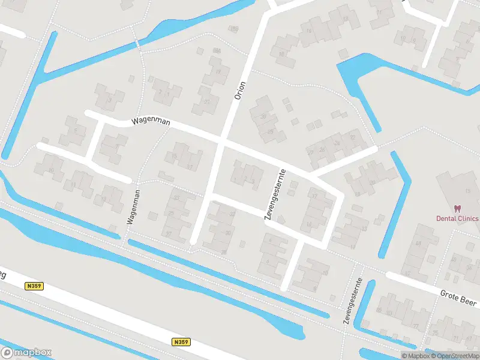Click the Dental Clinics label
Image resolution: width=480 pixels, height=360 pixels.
(x=457, y=218)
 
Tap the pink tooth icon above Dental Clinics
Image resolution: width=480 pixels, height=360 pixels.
(x=457, y=208)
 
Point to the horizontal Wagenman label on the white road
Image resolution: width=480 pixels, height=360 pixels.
(x=151, y=122)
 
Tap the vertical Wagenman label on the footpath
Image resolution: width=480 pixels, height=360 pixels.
(x=133, y=207)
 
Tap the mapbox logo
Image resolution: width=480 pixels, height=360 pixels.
(x=26, y=352)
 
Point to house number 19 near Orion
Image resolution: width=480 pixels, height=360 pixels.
(x=218, y=71)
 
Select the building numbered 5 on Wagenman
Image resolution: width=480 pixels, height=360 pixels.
(x=76, y=130)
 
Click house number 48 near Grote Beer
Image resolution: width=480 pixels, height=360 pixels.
(x=418, y=244)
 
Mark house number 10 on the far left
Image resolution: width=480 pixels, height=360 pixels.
(x=52, y=170)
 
